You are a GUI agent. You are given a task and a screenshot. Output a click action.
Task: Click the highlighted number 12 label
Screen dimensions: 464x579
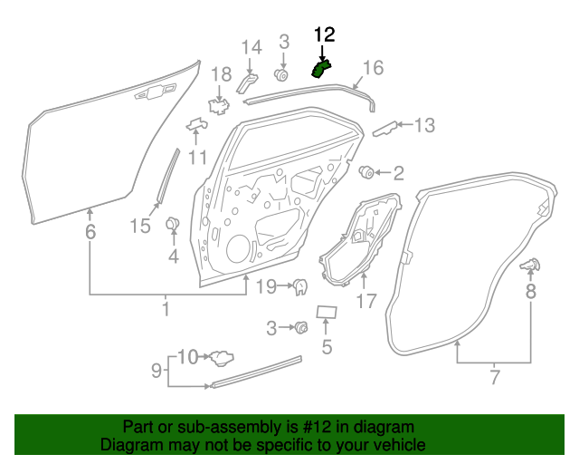pos(324,35)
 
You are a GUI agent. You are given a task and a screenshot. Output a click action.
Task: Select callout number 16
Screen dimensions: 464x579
pos(373,68)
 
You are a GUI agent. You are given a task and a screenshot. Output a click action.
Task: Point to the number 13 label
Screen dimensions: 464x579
pos(424,125)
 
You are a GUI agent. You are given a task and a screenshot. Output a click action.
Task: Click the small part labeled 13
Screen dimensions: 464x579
pos(385,128)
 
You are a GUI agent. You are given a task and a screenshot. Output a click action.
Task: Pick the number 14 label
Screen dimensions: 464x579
pos(251,48)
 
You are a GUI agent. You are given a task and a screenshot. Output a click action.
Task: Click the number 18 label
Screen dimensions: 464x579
pos(222,74)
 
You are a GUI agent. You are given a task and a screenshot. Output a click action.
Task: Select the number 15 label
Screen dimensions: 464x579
pos(140,226)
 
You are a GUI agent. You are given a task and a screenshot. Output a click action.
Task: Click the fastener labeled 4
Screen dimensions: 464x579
pos(173,224)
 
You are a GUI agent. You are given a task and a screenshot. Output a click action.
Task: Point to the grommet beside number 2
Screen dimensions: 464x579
pos(367,170)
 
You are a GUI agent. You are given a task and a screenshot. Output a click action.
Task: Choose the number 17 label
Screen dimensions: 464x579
pos(365,301)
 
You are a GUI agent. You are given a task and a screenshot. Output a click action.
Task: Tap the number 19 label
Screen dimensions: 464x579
pos(264,288)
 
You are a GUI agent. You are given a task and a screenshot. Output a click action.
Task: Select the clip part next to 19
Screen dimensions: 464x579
pos(299,287)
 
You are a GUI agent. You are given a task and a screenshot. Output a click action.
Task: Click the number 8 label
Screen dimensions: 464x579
pos(530,291)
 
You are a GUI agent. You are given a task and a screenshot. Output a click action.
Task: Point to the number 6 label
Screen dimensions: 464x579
pos(90,232)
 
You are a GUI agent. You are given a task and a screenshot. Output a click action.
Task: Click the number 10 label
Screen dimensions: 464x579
pos(186,356)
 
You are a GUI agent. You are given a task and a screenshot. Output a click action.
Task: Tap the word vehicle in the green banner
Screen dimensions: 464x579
pos(397,445)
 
